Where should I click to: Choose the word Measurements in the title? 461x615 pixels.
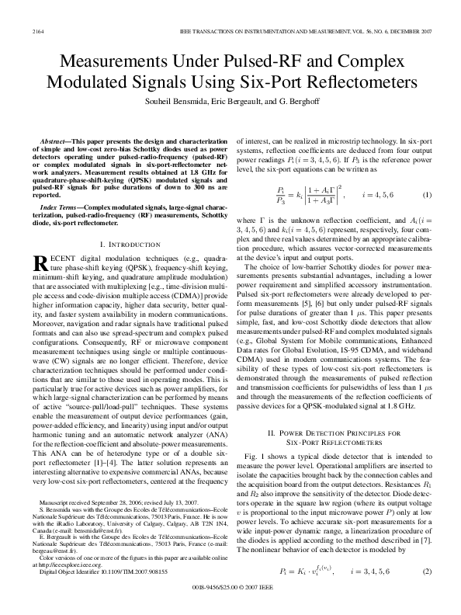click(116, 61)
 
